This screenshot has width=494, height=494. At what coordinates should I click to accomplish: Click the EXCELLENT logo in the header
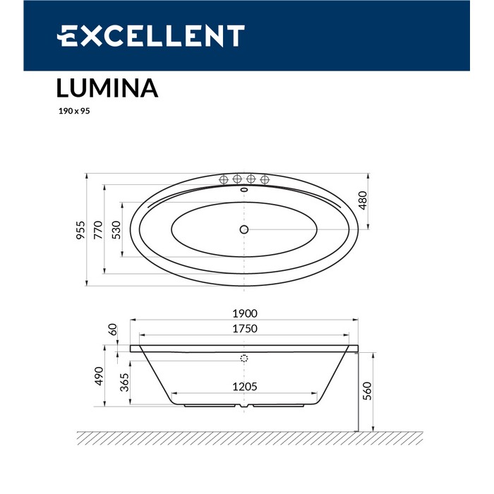[151, 35]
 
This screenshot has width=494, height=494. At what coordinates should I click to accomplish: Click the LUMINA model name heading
[107, 88]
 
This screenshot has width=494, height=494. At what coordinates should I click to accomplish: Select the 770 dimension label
[99, 229]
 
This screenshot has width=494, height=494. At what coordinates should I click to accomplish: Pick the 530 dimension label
[117, 229]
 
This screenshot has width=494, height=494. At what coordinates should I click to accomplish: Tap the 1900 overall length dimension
[244, 314]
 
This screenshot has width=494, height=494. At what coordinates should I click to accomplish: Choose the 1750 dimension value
[244, 328]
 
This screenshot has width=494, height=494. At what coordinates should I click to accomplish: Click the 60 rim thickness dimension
[112, 330]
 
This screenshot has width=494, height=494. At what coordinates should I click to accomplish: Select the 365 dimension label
[124, 382]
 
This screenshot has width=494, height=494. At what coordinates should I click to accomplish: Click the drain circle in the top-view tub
[244, 229]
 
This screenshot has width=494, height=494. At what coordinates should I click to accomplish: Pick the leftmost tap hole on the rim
[225, 178]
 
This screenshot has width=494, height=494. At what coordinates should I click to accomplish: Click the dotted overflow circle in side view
[245, 359]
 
